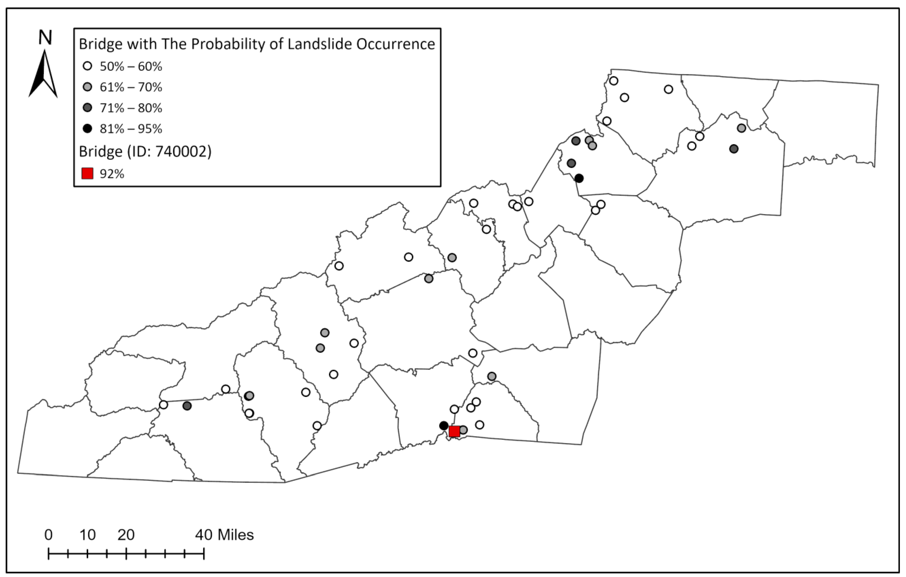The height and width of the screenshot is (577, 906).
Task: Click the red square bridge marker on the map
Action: point(454,431)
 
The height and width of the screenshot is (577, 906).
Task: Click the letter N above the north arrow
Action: point(45,38)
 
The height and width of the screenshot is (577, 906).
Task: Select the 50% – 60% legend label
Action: point(131,67)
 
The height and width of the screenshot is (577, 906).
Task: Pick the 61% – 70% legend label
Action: point(131,87)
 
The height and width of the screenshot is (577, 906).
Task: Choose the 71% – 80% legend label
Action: point(131,108)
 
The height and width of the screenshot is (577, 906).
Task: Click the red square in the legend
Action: point(87,174)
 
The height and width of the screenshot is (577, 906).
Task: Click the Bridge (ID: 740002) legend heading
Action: point(145,151)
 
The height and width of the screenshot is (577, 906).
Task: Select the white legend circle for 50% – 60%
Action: point(87,67)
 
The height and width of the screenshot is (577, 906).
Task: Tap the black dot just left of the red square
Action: point(443,426)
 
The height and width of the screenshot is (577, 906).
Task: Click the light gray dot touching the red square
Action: point(463,430)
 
